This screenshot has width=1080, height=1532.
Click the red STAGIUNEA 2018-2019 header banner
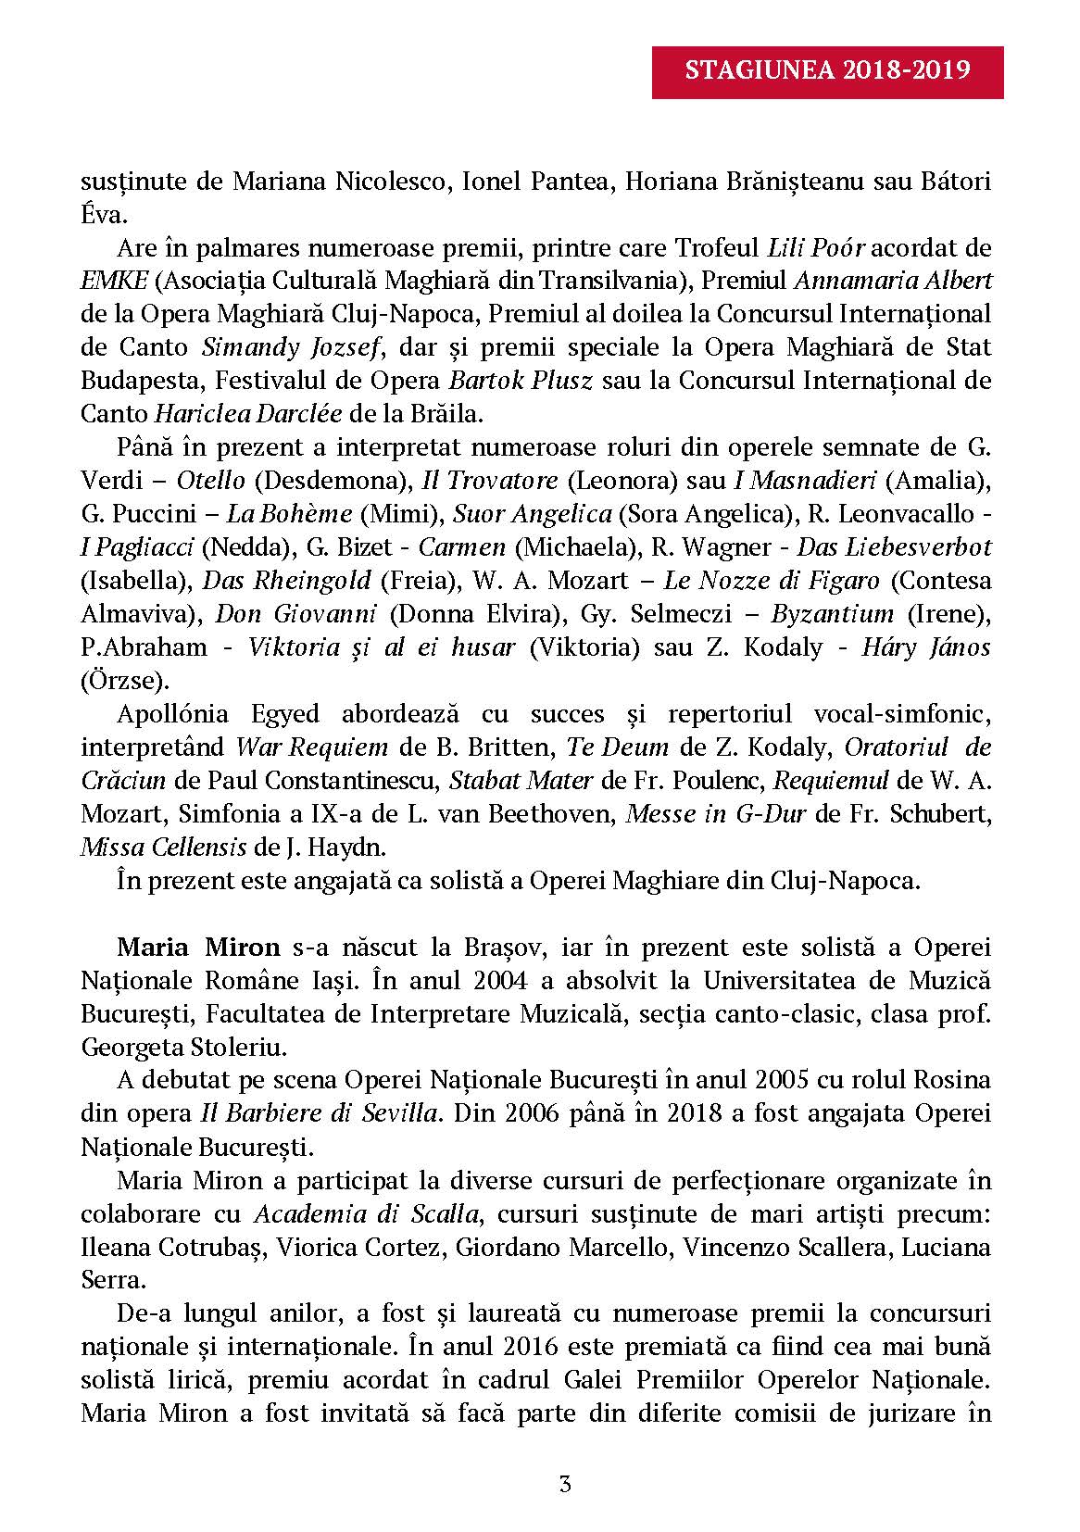827,71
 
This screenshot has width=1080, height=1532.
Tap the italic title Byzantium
832,613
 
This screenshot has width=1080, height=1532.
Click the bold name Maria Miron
198,947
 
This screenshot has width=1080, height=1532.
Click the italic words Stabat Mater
520,780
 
